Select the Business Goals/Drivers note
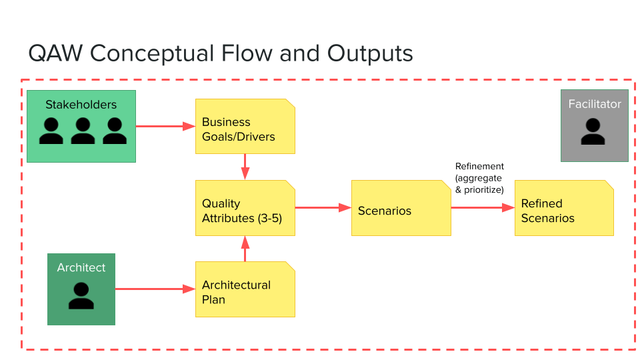coord(245,126)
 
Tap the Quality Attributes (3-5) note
coord(245,207)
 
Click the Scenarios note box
coord(401,207)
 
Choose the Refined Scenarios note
coord(563,207)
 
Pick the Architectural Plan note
coord(245,289)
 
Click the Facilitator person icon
coord(593,132)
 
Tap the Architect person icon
coord(81,296)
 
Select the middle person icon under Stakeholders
coord(83,131)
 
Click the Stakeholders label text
coord(81,105)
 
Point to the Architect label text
coord(81,267)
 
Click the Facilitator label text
coord(594,104)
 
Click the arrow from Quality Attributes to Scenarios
coord(323,207)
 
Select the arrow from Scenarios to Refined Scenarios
coord(482,207)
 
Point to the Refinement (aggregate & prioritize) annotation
coord(479,178)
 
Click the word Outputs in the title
coord(370,53)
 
